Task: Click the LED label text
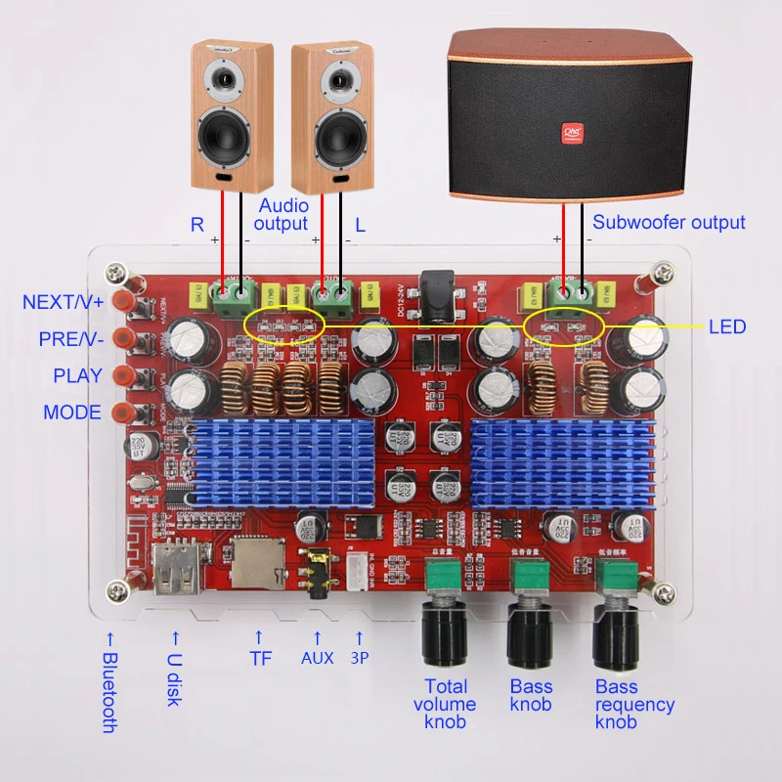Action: [726, 326]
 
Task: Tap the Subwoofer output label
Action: [669, 222]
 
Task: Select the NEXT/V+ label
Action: [62, 302]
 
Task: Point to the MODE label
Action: [72, 413]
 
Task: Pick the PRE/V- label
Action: [69, 338]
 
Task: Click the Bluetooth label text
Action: [109, 693]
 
